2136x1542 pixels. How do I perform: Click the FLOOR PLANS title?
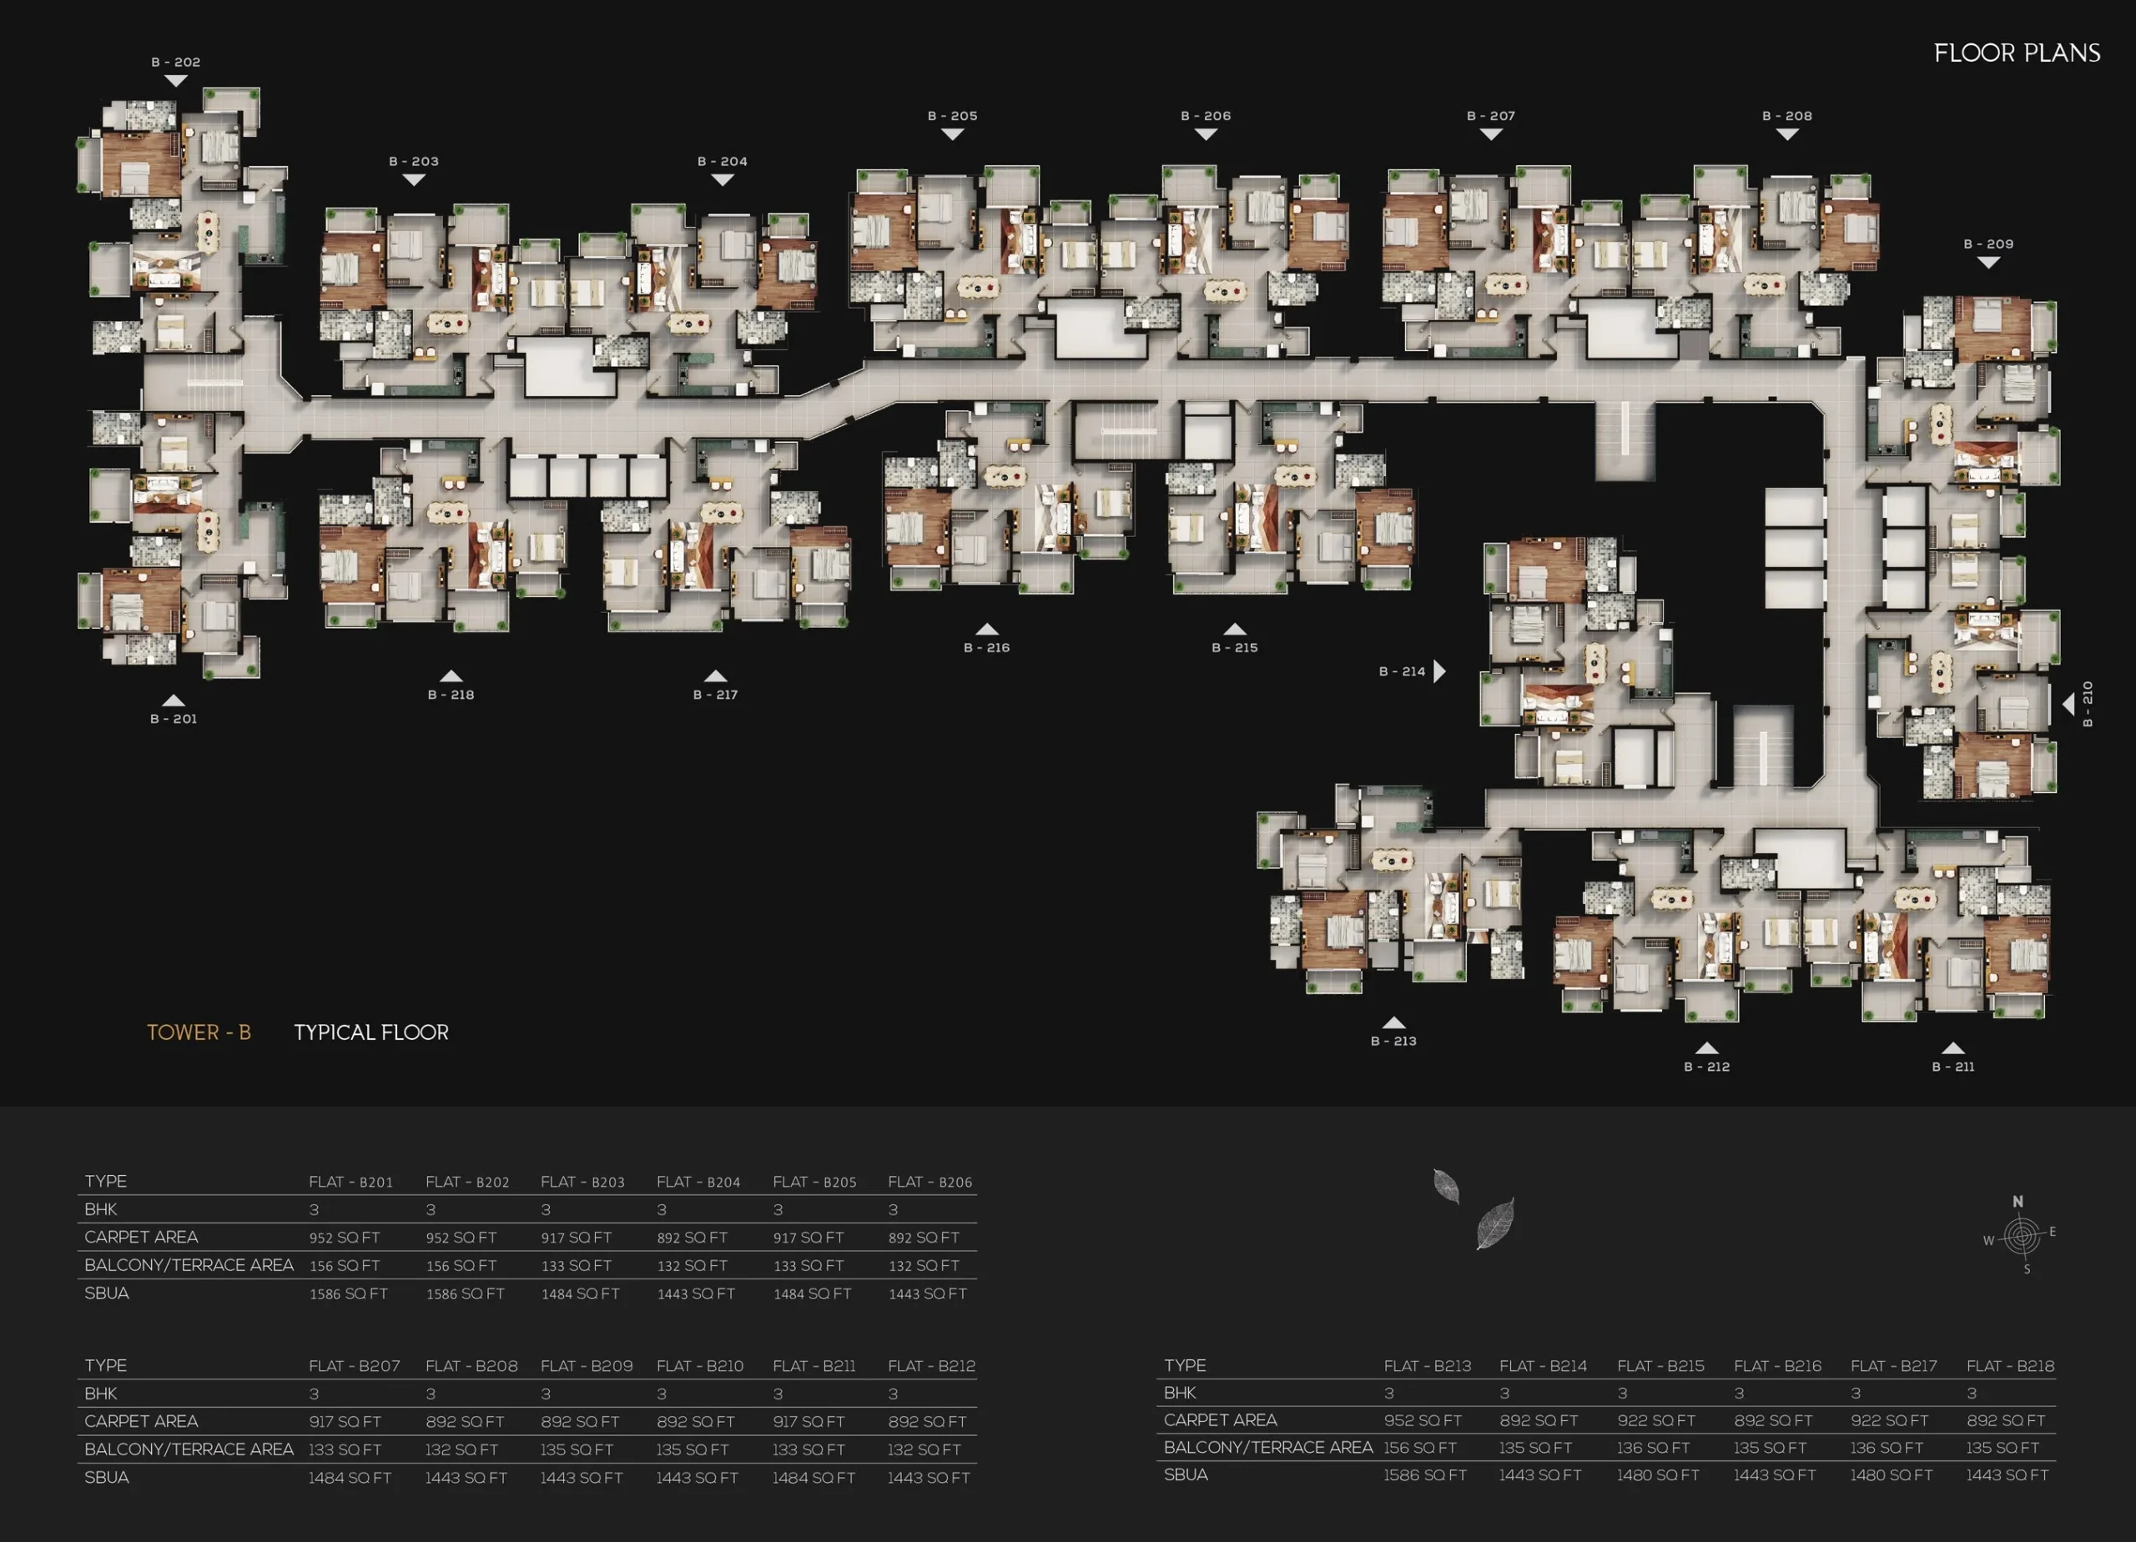[x=2017, y=53]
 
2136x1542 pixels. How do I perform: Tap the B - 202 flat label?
[x=176, y=63]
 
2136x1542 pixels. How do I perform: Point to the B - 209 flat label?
[x=1988, y=244]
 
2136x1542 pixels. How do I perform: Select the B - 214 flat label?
[x=1402, y=671]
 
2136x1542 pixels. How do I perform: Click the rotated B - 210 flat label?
[x=2087, y=704]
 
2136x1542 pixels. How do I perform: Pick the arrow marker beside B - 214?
[x=1439, y=671]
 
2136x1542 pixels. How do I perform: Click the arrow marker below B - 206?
[x=1206, y=134]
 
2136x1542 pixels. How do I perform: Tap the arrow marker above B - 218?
[x=451, y=676]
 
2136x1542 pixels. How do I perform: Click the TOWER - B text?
[x=199, y=1032]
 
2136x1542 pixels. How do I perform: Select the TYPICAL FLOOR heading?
[x=371, y=1032]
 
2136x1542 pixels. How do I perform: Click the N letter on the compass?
[x=2018, y=1201]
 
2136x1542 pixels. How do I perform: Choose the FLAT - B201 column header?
[x=350, y=1182]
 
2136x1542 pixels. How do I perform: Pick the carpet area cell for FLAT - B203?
[x=576, y=1237]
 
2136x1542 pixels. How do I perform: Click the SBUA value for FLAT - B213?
[x=1424, y=1474]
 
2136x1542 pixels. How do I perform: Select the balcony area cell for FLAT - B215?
[x=1653, y=1447]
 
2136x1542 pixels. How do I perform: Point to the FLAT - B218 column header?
[x=2010, y=1365]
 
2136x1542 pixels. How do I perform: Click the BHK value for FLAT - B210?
[x=661, y=1394]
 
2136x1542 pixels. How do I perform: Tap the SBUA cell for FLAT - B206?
[x=927, y=1293]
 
